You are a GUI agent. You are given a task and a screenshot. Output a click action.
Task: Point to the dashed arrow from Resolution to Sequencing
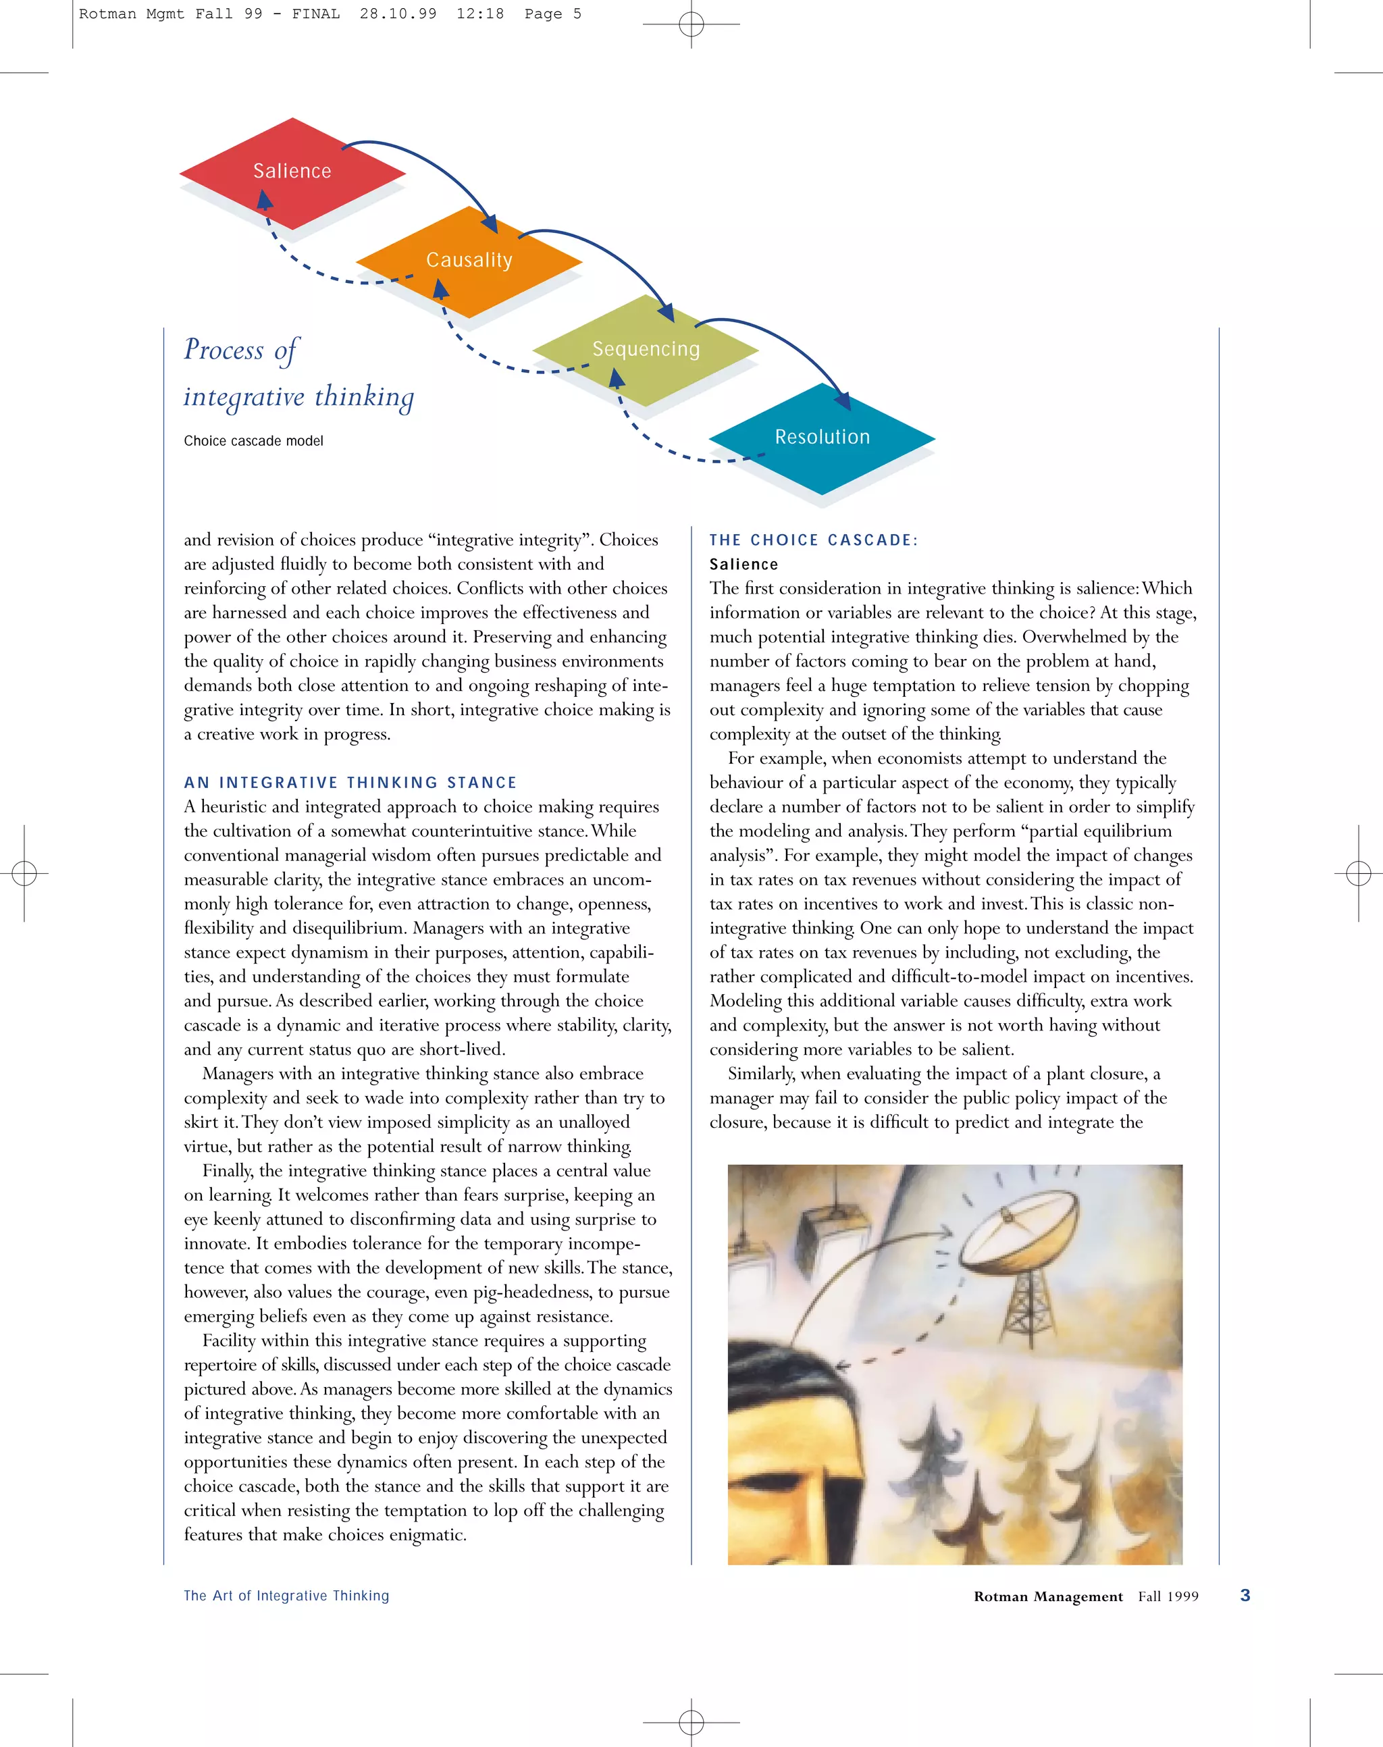tap(664, 445)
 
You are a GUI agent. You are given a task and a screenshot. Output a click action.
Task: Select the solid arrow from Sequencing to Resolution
tap(785, 340)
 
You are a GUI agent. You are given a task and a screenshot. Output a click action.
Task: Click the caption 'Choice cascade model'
tap(253, 441)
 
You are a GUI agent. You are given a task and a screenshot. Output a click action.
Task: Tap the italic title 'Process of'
tap(241, 350)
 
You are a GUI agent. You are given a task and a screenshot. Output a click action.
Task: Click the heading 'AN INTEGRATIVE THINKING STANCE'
tap(350, 783)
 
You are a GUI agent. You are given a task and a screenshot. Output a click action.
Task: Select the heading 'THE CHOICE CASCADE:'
tap(813, 540)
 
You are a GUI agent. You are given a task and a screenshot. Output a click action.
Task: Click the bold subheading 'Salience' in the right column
tap(743, 565)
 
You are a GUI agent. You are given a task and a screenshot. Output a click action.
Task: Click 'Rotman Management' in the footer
tap(1048, 1596)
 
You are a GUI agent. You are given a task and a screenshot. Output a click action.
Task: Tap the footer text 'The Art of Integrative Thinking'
tap(286, 1596)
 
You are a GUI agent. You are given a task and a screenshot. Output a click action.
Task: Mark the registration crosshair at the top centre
tap(691, 24)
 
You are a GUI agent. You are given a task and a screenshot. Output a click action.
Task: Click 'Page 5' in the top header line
tap(552, 14)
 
